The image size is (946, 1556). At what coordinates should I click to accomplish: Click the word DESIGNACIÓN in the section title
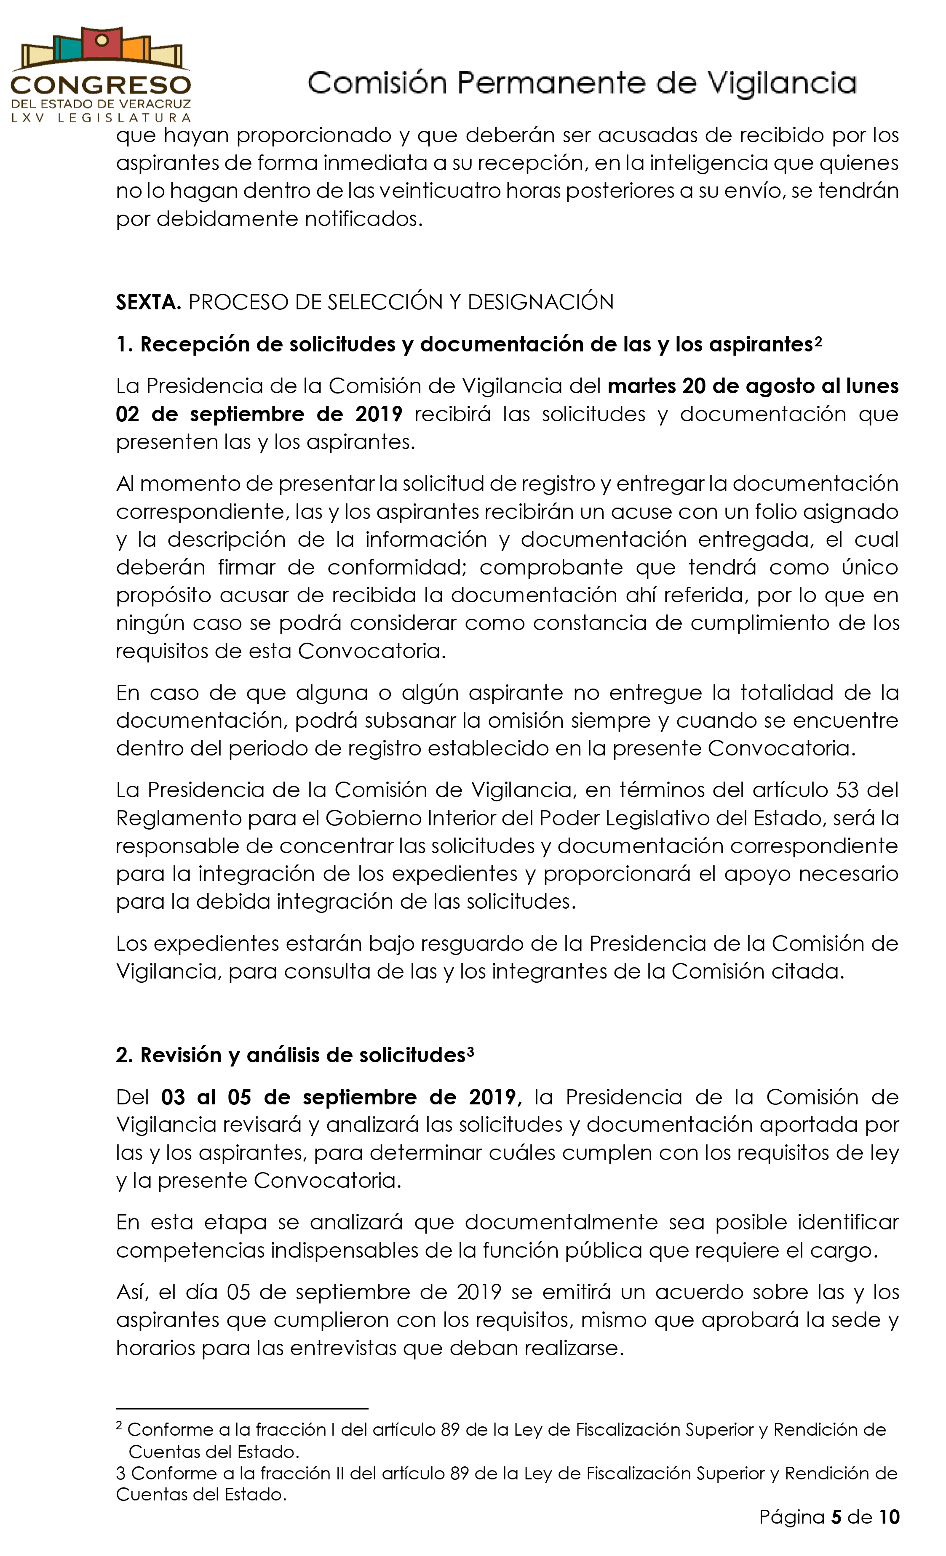tap(540, 303)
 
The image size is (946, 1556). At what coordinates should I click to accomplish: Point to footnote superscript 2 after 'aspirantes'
tap(818, 342)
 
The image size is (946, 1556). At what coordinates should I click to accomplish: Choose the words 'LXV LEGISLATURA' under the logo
tap(101, 117)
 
